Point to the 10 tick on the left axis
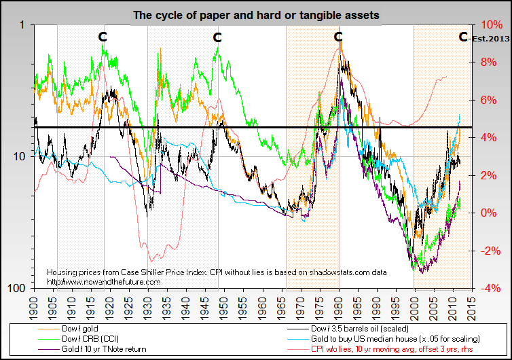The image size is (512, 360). click(19, 156)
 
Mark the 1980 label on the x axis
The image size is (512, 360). click(338, 302)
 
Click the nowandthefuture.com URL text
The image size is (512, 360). click(103, 281)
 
